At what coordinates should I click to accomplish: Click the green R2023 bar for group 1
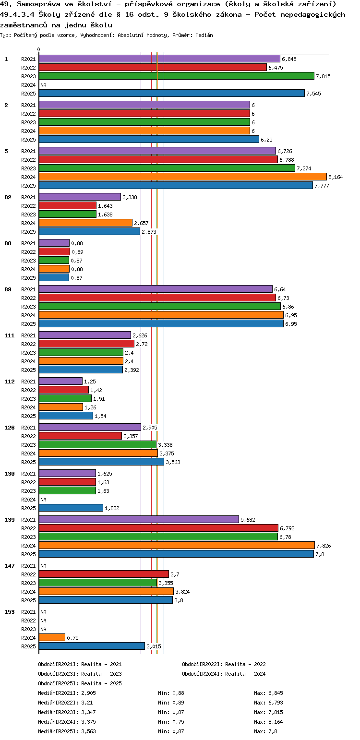[x=176, y=76]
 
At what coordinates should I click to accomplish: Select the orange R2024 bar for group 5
[x=182, y=177]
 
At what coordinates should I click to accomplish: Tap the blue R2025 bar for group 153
[x=91, y=646]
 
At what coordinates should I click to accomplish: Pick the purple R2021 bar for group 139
[x=138, y=519]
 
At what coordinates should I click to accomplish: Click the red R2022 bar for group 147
[x=103, y=574]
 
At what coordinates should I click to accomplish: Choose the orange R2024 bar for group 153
[x=51, y=637]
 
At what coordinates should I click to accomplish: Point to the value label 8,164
[x=336, y=177]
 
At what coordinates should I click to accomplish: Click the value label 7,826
[x=324, y=546]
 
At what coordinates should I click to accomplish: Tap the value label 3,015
[x=154, y=646]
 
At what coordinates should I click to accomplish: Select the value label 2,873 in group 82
[x=149, y=232]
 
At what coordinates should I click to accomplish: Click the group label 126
[x=9, y=428]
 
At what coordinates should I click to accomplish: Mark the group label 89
[x=8, y=289]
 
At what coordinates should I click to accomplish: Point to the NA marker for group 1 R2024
[x=43, y=85]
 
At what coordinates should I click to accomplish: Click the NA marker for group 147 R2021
[x=43, y=566]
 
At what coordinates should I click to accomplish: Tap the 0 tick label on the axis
[x=39, y=49]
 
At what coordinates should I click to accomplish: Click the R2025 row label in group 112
[x=28, y=416]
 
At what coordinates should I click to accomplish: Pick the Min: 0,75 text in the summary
[x=171, y=722]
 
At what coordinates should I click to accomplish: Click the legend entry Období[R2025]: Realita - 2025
[x=80, y=683]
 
